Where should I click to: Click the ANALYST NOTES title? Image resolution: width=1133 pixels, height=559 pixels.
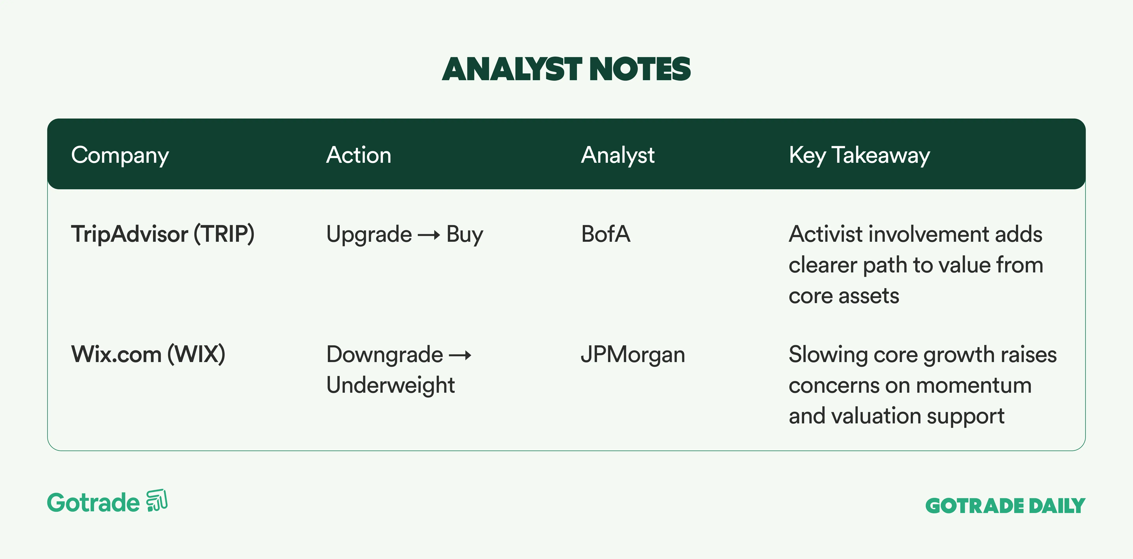click(566, 69)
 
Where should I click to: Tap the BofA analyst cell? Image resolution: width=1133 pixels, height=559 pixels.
click(606, 234)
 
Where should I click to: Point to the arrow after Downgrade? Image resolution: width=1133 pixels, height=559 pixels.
click(460, 356)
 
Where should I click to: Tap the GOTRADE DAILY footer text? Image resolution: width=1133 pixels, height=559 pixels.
click(1006, 506)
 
